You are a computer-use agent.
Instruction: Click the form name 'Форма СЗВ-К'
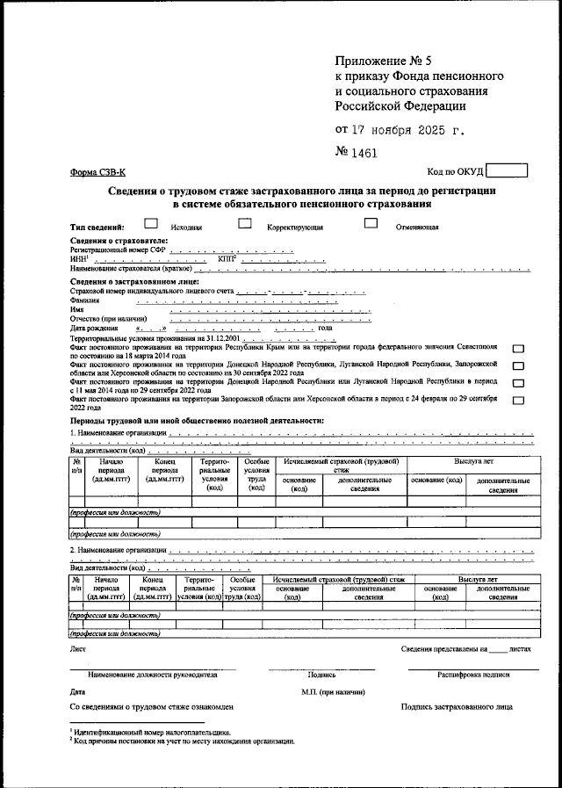click(99, 173)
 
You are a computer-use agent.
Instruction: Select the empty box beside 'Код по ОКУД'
click(507, 171)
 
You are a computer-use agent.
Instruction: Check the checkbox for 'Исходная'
click(151, 224)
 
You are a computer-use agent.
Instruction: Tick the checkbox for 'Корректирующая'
click(245, 224)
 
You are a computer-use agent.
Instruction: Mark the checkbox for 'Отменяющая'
click(371, 224)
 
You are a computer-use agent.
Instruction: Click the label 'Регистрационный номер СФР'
click(117, 249)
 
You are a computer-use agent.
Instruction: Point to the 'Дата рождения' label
click(94, 329)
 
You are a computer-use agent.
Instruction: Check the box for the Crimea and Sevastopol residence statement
click(518, 349)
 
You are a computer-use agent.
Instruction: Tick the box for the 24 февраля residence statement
click(518, 401)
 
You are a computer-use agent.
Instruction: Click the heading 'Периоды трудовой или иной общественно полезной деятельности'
click(197, 421)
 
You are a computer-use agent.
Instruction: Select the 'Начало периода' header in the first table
click(111, 470)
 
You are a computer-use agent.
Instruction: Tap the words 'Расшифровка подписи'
click(473, 675)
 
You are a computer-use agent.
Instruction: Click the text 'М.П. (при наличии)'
click(331, 692)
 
